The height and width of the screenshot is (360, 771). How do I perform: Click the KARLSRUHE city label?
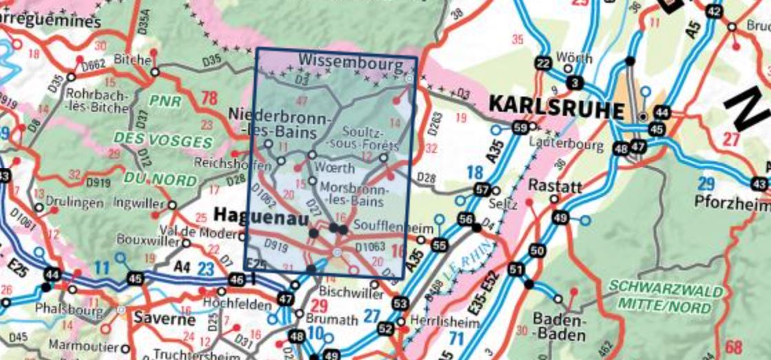click(556, 106)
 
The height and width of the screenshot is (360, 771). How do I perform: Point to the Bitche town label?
click(131, 60)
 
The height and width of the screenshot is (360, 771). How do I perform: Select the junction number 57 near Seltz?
click(482, 190)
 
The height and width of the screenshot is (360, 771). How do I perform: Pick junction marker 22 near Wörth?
click(543, 64)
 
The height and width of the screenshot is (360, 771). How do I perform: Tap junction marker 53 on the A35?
click(401, 303)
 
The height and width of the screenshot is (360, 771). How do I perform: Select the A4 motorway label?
click(181, 266)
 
